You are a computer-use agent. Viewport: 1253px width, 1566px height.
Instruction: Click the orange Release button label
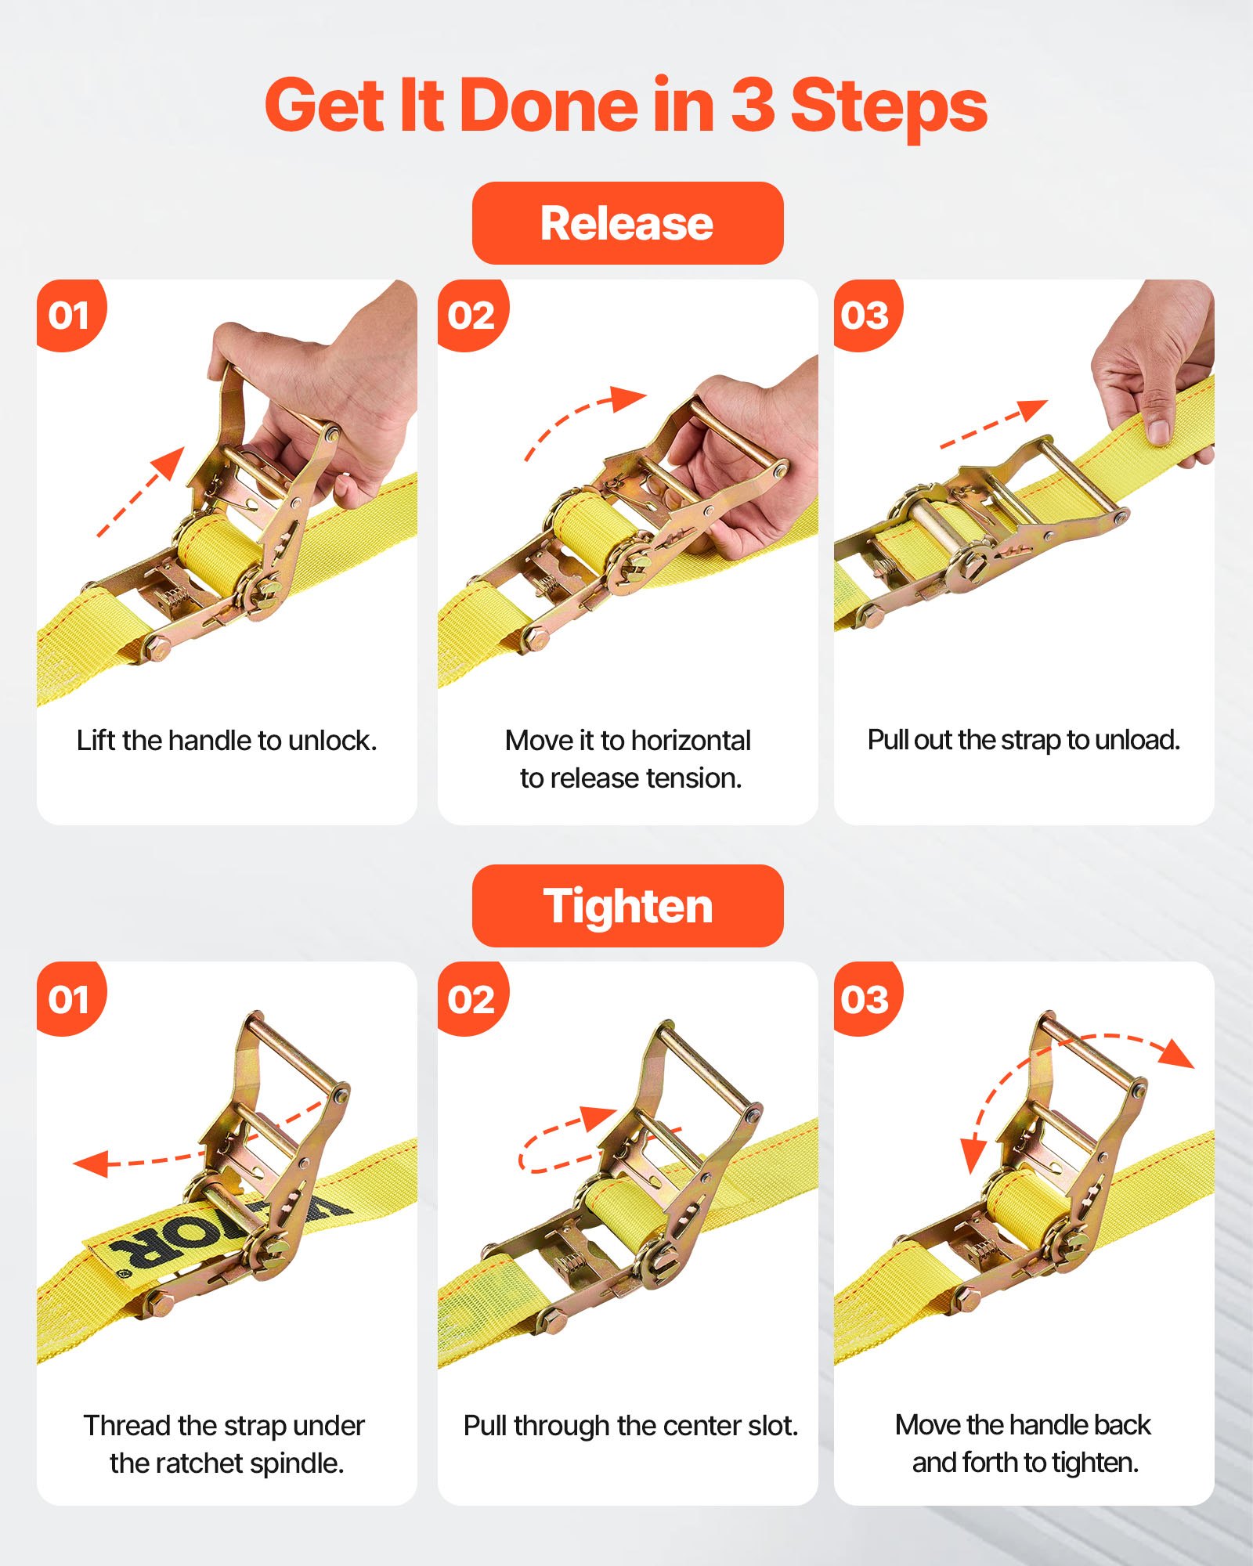pyautogui.click(x=626, y=224)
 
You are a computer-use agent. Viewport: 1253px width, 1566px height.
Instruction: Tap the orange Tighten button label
pyautogui.click(x=626, y=907)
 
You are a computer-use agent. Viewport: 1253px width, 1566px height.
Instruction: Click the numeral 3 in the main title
pyautogui.click(x=752, y=106)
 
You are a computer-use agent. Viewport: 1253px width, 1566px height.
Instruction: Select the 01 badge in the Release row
pyautogui.click(x=70, y=316)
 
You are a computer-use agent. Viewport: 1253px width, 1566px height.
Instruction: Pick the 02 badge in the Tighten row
pyautogui.click(x=471, y=1000)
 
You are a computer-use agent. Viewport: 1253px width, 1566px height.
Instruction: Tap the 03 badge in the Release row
pyautogui.click(x=866, y=316)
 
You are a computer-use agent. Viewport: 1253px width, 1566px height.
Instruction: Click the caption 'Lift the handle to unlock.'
pyautogui.click(x=226, y=741)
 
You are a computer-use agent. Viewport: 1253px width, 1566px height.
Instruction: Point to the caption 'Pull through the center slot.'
pyautogui.click(x=630, y=1426)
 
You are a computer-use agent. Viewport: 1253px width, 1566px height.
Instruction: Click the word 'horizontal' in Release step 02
pyautogui.click(x=691, y=741)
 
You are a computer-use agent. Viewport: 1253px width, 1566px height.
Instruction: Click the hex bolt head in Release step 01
pyautogui.click(x=157, y=648)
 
